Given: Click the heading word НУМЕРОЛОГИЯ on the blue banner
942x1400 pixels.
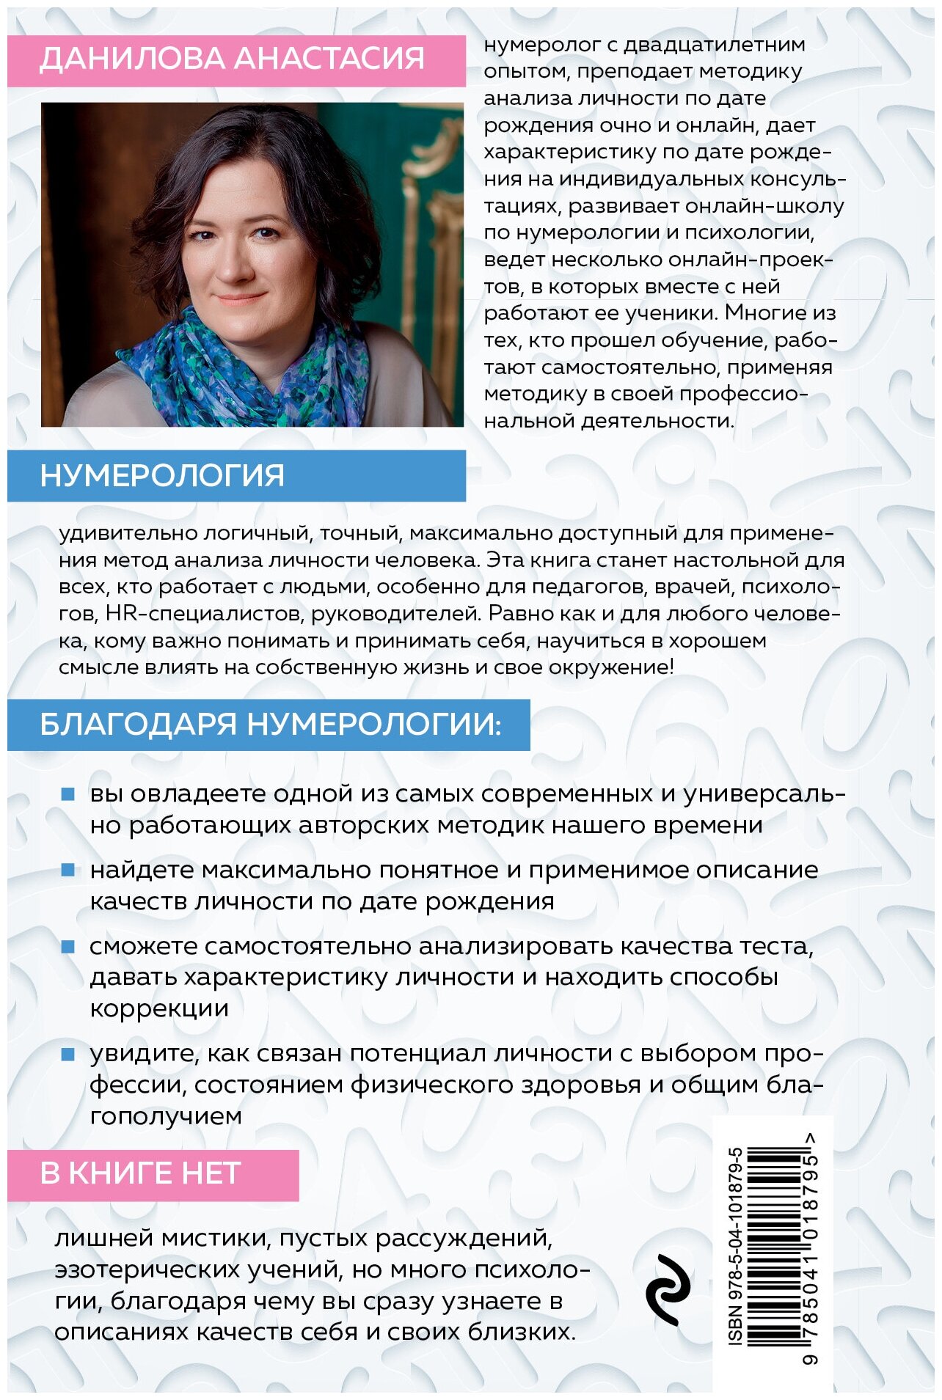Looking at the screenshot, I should (162, 476).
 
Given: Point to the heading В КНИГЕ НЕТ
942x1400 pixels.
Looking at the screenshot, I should (140, 1173).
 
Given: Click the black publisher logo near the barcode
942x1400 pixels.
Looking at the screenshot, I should (668, 1289).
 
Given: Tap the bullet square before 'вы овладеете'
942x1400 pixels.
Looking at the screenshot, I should (68, 794).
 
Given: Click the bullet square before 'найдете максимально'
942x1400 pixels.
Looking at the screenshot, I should (68, 871).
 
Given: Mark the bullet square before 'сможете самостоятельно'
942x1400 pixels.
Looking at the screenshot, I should (68, 947).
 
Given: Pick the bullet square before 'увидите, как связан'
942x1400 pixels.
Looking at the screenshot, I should (68, 1054).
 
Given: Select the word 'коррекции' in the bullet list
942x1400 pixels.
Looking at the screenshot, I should (159, 1009).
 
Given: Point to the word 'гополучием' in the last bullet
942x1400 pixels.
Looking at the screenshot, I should (166, 1116).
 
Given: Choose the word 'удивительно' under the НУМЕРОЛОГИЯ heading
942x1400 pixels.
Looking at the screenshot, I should (119, 533).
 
